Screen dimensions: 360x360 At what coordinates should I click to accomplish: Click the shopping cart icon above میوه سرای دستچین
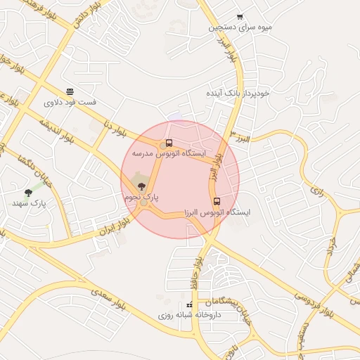coord(240,17)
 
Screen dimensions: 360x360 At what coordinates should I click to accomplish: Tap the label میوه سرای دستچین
coord(240,28)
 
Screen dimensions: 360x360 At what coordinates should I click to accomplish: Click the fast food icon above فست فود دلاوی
coord(70,91)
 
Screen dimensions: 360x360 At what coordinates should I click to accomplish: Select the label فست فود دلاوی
coord(70,103)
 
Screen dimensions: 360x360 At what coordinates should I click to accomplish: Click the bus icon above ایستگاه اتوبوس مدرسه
coord(169,143)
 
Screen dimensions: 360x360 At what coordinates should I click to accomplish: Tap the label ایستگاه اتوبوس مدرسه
coord(169,153)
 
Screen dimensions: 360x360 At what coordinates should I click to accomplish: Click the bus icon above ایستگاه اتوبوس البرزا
coord(217,201)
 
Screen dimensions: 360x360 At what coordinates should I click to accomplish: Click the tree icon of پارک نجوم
coord(141,186)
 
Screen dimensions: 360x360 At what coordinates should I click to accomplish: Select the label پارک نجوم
coord(141,198)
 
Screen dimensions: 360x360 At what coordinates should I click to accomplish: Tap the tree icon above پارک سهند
coord(28,192)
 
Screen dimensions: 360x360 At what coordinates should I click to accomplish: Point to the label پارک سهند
coord(29,203)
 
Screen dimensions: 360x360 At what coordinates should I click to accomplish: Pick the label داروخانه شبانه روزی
coord(189,315)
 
